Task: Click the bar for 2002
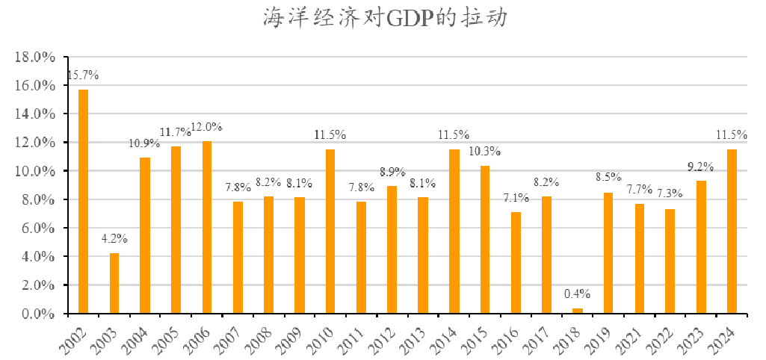click(83, 202)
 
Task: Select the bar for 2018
click(577, 311)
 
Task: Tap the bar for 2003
click(114, 283)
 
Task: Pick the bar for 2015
click(485, 240)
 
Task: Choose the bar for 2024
click(732, 232)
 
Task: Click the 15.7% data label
click(83, 75)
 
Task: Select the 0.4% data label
click(577, 294)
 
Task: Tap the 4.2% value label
click(114, 239)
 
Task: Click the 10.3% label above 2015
click(485, 152)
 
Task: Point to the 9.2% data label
click(701, 167)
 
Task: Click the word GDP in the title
click(409, 19)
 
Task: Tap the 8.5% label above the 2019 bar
click(608, 178)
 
